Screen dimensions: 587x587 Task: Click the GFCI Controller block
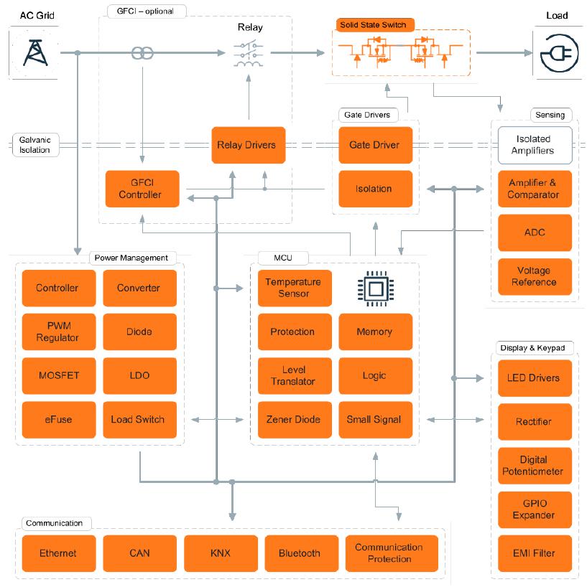click(142, 189)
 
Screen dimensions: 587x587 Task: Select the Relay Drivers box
click(248, 145)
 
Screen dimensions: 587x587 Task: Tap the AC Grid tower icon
click(35, 53)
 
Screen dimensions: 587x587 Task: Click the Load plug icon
click(559, 53)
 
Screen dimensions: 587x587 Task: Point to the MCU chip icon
click(376, 288)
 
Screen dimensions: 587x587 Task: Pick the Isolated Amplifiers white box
click(535, 145)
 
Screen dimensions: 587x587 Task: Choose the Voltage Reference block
click(535, 276)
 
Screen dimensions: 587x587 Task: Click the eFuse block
click(59, 420)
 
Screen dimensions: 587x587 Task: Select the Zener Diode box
click(295, 420)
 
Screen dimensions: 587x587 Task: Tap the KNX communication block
click(221, 553)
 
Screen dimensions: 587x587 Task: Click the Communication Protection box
click(392, 553)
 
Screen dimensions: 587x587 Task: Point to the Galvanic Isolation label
click(35, 145)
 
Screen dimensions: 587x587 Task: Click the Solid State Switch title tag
click(375, 25)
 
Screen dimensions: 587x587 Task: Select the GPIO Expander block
click(535, 509)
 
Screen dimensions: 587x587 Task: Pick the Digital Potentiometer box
click(535, 466)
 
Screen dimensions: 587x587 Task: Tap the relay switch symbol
click(249, 55)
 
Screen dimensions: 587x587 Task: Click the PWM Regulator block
click(59, 332)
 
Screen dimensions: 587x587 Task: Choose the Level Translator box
click(295, 375)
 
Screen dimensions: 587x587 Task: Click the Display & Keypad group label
click(532, 348)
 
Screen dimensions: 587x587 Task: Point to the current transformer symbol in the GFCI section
click(142, 53)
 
